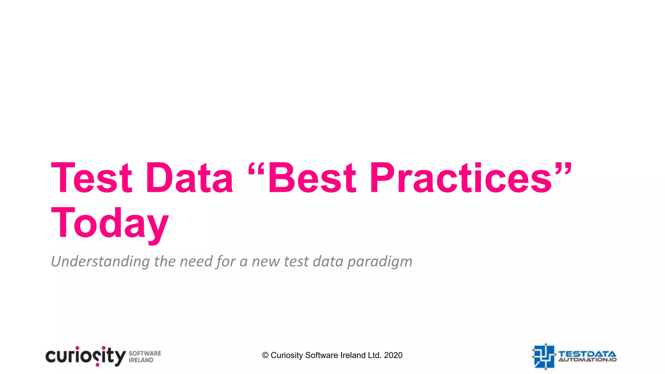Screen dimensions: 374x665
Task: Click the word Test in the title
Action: tap(92, 178)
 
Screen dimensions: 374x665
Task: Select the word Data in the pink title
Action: tap(190, 178)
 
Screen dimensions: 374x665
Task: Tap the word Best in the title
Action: tap(312, 178)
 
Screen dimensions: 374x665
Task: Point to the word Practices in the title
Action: tap(461, 178)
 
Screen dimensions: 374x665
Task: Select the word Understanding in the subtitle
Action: tap(100, 261)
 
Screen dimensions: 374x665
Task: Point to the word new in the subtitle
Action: tap(266, 262)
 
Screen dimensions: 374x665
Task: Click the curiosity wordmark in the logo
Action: tap(85, 356)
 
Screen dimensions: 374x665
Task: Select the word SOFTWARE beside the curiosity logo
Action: tap(145, 353)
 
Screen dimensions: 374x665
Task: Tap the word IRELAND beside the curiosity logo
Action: tap(141, 360)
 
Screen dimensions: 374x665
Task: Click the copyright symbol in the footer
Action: tap(265, 355)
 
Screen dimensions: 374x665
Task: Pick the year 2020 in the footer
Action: tap(393, 355)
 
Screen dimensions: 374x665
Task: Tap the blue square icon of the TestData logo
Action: tap(544, 356)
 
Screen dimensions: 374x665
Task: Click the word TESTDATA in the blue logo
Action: tap(587, 354)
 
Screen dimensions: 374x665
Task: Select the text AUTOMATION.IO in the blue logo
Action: tap(587, 360)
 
